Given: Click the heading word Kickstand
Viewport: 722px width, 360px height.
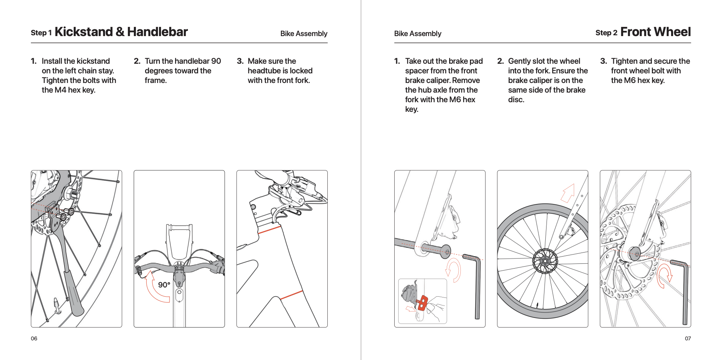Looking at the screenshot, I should pos(84,32).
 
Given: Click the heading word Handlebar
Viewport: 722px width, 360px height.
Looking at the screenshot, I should pos(157,32).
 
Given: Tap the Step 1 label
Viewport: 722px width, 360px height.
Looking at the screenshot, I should pos(41,33).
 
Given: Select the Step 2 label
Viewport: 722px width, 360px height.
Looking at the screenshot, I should pos(606,33).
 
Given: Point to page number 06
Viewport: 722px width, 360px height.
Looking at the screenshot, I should pos(34,338).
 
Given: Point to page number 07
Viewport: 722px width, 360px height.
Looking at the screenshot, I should pos(688,338).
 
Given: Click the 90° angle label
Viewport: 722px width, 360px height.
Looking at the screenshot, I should pos(164,285).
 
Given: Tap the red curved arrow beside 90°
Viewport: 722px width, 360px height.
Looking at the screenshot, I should pos(154,289).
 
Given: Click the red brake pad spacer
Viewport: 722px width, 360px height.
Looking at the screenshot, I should pos(423,303).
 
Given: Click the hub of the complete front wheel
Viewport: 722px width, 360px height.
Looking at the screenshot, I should pos(545,261).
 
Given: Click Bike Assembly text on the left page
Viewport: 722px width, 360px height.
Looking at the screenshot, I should pos(304,34).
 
